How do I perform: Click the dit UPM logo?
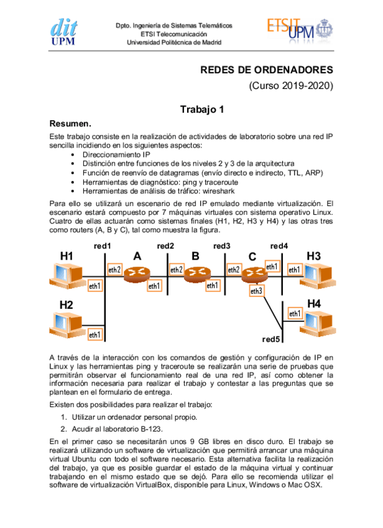click(65, 31)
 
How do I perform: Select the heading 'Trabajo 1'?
click(201, 110)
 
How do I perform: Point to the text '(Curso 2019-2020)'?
click(291, 86)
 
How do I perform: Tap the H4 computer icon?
click(318, 323)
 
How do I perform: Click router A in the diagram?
click(137, 273)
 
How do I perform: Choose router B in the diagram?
click(196, 273)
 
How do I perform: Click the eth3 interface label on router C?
click(256, 291)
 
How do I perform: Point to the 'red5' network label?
click(271, 339)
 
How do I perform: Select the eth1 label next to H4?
click(295, 314)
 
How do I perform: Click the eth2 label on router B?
click(176, 270)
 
